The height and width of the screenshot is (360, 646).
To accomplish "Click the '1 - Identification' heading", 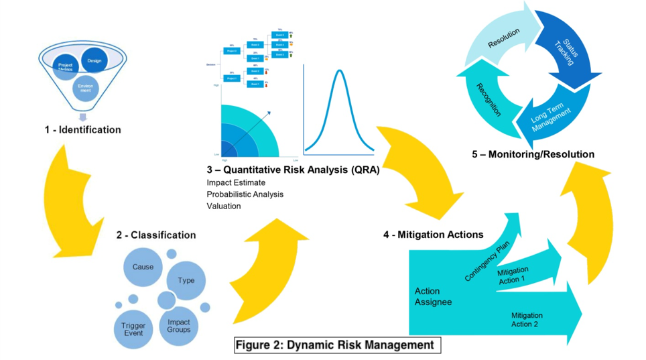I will click(83, 129).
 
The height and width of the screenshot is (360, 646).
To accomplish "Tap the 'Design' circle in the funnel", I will click(94, 61).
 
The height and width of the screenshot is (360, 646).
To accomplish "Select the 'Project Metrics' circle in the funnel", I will click(66, 67).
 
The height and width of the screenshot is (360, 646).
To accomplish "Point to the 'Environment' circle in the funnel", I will click(85, 88).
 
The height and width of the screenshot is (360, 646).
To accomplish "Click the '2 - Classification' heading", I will click(156, 235).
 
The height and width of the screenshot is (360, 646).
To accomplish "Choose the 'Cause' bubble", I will click(143, 267).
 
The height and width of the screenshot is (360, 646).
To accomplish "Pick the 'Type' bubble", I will click(186, 280).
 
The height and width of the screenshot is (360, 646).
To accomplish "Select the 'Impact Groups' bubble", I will click(179, 325).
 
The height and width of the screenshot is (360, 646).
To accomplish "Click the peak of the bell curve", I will click(340, 70).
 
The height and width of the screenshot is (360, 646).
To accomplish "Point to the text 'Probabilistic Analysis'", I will click(245, 194).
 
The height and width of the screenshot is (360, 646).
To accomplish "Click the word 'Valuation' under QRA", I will click(224, 206).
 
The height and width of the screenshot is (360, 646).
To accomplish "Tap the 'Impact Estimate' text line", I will click(236, 182).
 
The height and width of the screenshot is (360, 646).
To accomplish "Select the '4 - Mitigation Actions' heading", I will click(434, 235).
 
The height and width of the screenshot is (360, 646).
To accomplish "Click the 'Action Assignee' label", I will click(433, 296).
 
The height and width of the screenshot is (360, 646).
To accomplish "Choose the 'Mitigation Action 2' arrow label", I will click(527, 320).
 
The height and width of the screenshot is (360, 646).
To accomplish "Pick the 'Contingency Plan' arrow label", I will click(487, 261).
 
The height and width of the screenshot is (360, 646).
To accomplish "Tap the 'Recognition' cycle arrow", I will click(489, 99).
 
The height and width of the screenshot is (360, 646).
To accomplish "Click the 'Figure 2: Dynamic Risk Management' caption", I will click(338, 345).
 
